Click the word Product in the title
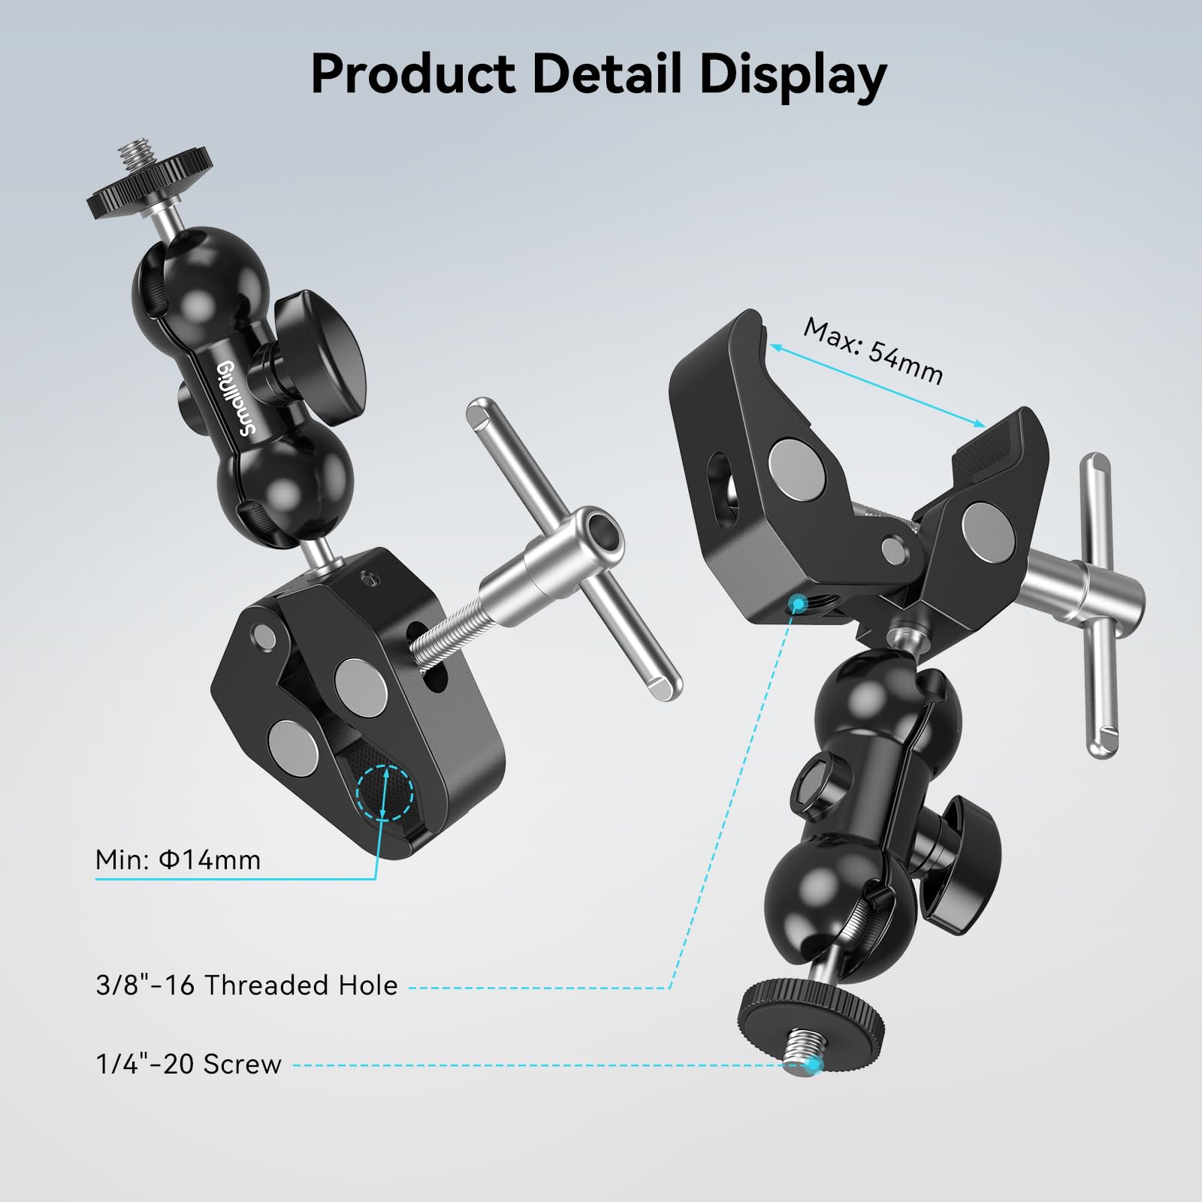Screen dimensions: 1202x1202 click(x=412, y=74)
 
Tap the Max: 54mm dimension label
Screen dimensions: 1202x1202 click(x=872, y=350)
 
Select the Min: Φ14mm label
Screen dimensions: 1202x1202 click(x=178, y=859)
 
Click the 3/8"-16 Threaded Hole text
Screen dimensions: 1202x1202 click(x=246, y=985)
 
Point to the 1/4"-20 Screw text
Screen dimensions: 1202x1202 click(x=189, y=1064)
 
